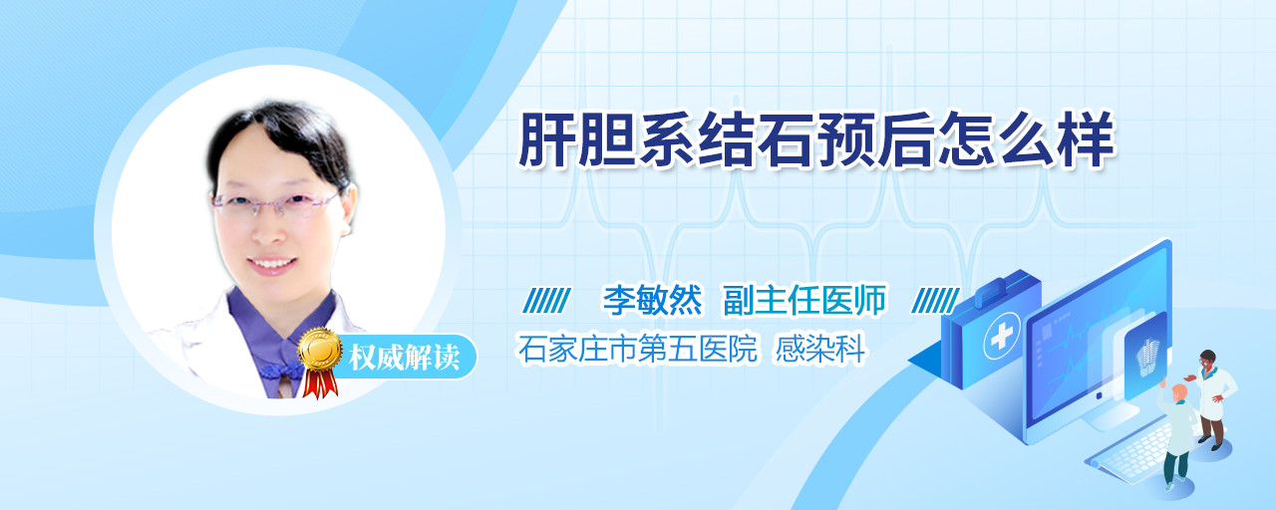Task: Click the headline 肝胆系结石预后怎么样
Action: coord(815,140)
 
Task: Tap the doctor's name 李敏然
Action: coord(652,300)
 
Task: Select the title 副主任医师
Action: coord(804,300)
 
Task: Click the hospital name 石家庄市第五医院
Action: coord(637,349)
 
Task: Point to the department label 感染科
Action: coord(820,349)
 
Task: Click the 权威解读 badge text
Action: coord(404,358)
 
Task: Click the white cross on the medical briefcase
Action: coord(1002,336)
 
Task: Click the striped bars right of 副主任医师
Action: coord(935,301)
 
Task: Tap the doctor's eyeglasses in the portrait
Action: coord(276,201)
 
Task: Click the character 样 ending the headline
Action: coord(1086,140)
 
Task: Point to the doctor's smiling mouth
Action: coord(272,264)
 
